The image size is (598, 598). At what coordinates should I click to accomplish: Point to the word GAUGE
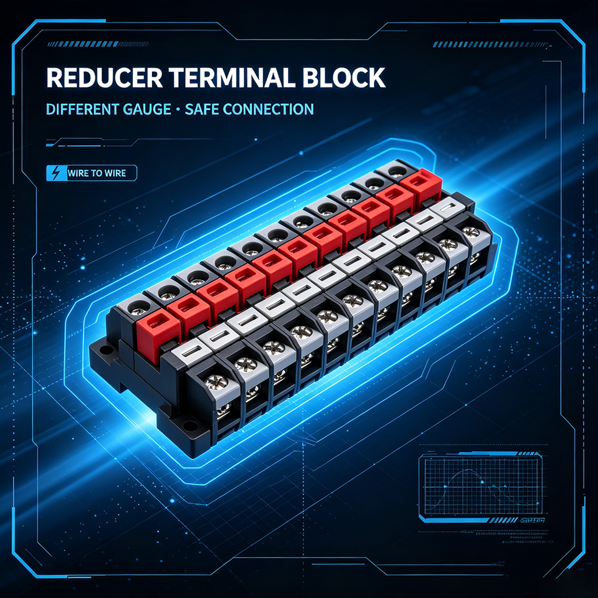click(x=147, y=110)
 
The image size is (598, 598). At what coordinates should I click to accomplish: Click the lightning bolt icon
click(x=56, y=173)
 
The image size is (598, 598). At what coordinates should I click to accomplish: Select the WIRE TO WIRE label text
click(x=97, y=173)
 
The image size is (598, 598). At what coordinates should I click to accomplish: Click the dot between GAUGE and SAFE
click(x=178, y=110)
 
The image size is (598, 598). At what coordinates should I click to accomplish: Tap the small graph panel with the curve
click(x=480, y=485)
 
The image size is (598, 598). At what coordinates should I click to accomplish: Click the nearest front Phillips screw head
click(x=216, y=382)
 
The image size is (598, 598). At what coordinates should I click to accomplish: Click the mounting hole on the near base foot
click(x=188, y=425)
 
